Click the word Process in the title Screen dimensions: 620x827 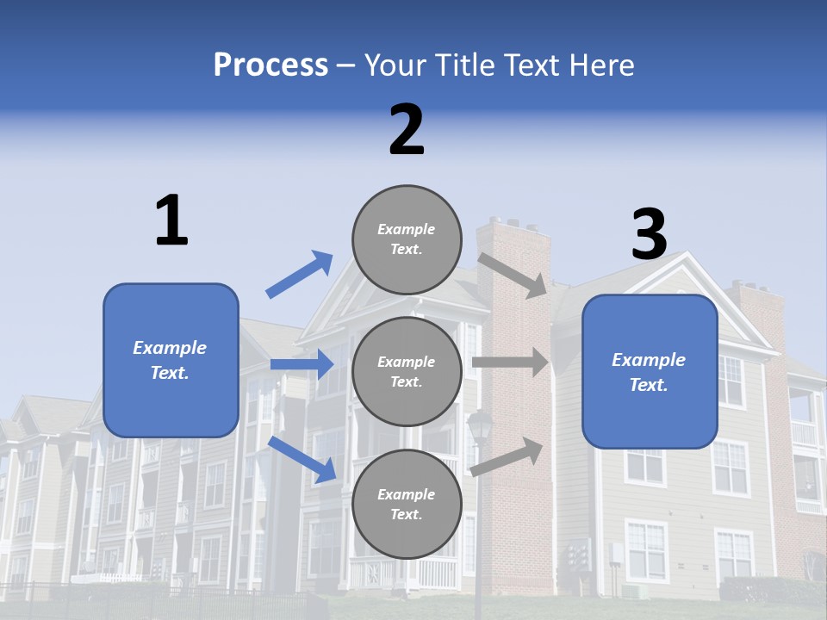pos(270,65)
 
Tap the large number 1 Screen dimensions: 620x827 pos(171,220)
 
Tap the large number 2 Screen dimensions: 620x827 pos(407,130)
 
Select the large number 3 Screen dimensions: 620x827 pos(649,234)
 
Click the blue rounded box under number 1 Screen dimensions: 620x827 pos(171,360)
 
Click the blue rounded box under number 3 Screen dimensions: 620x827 pos(650,372)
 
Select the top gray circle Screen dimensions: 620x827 pos(407,239)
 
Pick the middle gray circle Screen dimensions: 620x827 pos(407,372)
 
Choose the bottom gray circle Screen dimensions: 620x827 pos(407,505)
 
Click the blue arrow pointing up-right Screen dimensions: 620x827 pos(300,275)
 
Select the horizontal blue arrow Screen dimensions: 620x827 pos(302,364)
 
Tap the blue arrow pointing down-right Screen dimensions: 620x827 pos(302,459)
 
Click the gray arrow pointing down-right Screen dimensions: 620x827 pos(513,276)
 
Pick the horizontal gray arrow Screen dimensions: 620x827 pos(510,363)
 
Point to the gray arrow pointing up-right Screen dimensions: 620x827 pos(507,456)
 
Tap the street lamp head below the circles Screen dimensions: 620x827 pos(480,425)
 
